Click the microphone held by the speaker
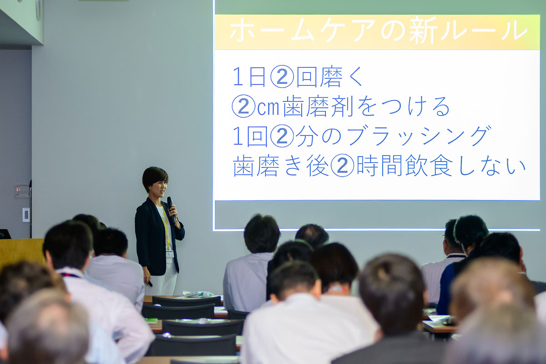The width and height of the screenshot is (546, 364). (171, 209)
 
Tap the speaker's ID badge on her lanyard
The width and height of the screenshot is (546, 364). (170, 254)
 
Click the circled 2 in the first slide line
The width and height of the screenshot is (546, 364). (282, 76)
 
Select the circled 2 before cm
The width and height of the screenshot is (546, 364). (243, 106)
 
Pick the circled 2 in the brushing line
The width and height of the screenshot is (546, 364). (282, 136)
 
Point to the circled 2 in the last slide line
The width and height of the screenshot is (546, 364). (342, 166)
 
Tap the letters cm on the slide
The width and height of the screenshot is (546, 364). (268, 108)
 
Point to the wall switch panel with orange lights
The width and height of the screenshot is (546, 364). (22, 191)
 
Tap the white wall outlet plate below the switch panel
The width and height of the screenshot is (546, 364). (26, 215)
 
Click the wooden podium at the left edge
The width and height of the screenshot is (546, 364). (21, 253)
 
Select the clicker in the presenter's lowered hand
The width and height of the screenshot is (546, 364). (150, 283)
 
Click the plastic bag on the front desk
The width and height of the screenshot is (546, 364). (198, 294)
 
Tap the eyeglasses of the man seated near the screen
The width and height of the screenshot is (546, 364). (444, 237)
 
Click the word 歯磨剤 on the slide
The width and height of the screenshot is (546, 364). (318, 106)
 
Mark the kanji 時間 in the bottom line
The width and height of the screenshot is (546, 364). (380, 166)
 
